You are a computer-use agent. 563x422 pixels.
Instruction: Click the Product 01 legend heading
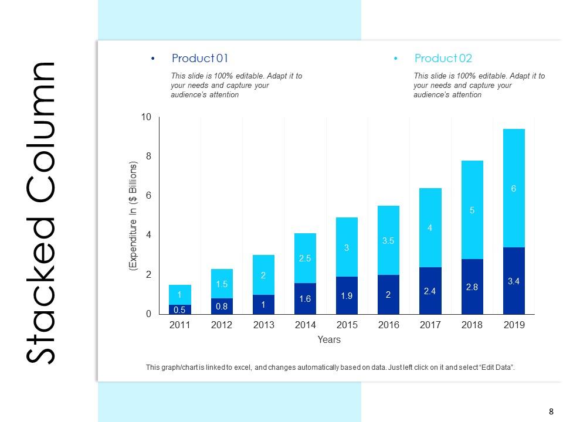[x=199, y=59]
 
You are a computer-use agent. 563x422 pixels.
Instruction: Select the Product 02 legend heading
[x=443, y=59]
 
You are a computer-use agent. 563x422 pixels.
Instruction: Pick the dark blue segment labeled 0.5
[x=180, y=309]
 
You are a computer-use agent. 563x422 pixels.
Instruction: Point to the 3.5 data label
[x=388, y=240]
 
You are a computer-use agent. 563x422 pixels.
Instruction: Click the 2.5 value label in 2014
[x=305, y=258]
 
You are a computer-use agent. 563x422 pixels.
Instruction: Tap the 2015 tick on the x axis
[x=347, y=325]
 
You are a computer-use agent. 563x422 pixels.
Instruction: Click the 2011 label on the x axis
[x=180, y=325]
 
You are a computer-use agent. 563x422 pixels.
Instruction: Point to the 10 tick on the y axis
[x=146, y=118]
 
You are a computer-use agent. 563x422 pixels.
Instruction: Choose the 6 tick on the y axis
[x=148, y=196]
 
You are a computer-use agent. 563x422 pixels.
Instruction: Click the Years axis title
[x=329, y=339]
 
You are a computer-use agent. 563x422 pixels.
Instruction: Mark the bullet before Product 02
[x=396, y=59]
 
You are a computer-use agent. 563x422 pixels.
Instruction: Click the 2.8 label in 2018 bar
[x=472, y=288]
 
